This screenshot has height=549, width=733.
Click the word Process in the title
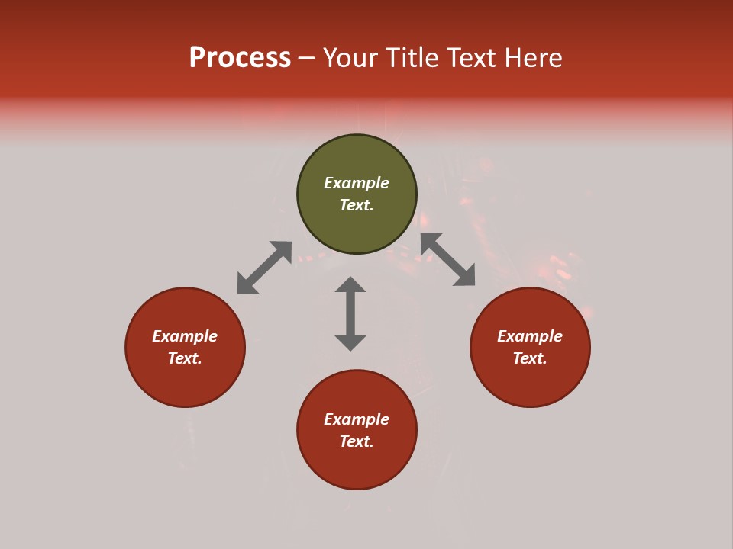pyautogui.click(x=240, y=58)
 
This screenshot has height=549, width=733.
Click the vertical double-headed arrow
pyautogui.click(x=350, y=313)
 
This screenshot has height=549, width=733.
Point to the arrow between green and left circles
pyautogui.click(x=264, y=268)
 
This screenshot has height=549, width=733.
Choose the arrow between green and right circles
pyautogui.click(x=447, y=259)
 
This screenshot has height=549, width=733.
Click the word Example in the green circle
pyautogui.click(x=357, y=183)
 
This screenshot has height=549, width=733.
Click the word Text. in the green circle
pyautogui.click(x=357, y=205)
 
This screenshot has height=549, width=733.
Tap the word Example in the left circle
pyautogui.click(x=185, y=336)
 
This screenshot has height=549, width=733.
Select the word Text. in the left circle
pyautogui.click(x=185, y=358)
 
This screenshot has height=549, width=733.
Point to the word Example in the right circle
pyautogui.click(x=530, y=336)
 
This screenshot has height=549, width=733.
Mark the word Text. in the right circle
pyautogui.click(x=530, y=358)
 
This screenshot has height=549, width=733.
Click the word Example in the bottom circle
pyautogui.click(x=357, y=419)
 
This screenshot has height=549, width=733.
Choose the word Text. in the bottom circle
pyautogui.click(x=357, y=441)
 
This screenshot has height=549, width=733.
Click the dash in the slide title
pyautogui.click(x=307, y=59)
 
